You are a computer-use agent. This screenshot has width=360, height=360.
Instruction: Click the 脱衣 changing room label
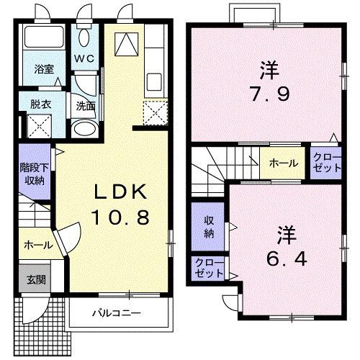tap(40, 104)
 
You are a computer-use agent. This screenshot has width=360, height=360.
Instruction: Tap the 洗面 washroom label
tap(86, 106)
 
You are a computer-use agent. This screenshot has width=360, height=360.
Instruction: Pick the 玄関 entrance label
tap(34, 279)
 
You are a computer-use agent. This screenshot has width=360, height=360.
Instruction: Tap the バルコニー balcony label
tap(115, 314)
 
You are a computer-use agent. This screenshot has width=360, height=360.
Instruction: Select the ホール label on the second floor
tap(284, 163)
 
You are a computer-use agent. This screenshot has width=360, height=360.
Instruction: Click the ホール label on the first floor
tap(37, 245)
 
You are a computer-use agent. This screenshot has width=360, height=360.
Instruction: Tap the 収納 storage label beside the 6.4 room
tap(208, 228)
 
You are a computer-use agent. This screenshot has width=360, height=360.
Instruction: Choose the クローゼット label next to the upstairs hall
tap(327, 163)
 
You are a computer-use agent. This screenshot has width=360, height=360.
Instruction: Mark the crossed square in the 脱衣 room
tap(40, 127)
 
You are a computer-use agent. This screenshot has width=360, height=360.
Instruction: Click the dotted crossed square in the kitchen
tap(153, 113)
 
